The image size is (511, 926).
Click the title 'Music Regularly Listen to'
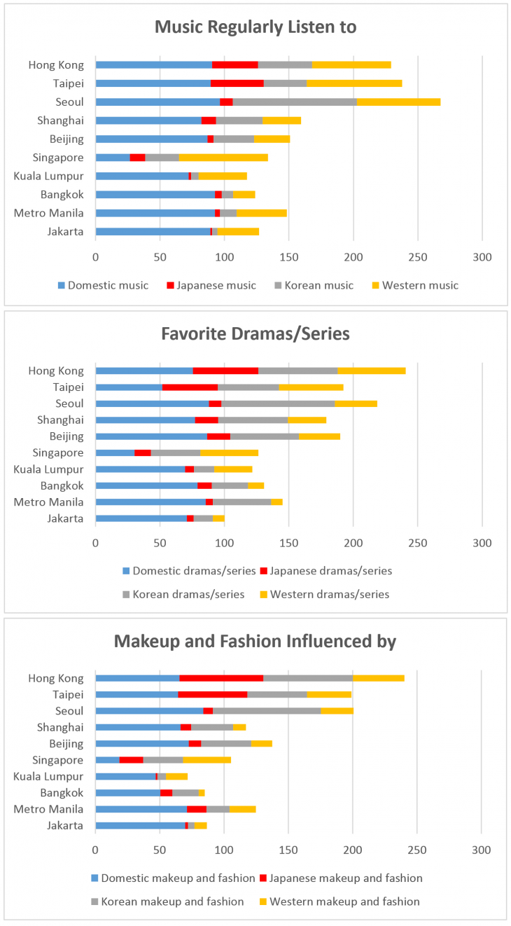[255, 27]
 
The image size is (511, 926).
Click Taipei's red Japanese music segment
[237, 83]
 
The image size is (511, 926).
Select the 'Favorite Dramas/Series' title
[255, 333]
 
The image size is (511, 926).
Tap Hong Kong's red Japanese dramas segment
[225, 371]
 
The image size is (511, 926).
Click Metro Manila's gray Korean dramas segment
[241, 502]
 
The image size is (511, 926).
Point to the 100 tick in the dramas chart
[224, 542]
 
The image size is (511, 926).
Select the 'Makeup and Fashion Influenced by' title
[255, 640]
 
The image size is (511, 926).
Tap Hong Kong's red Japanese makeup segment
[221, 678]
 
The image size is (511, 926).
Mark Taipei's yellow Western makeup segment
[329, 694]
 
